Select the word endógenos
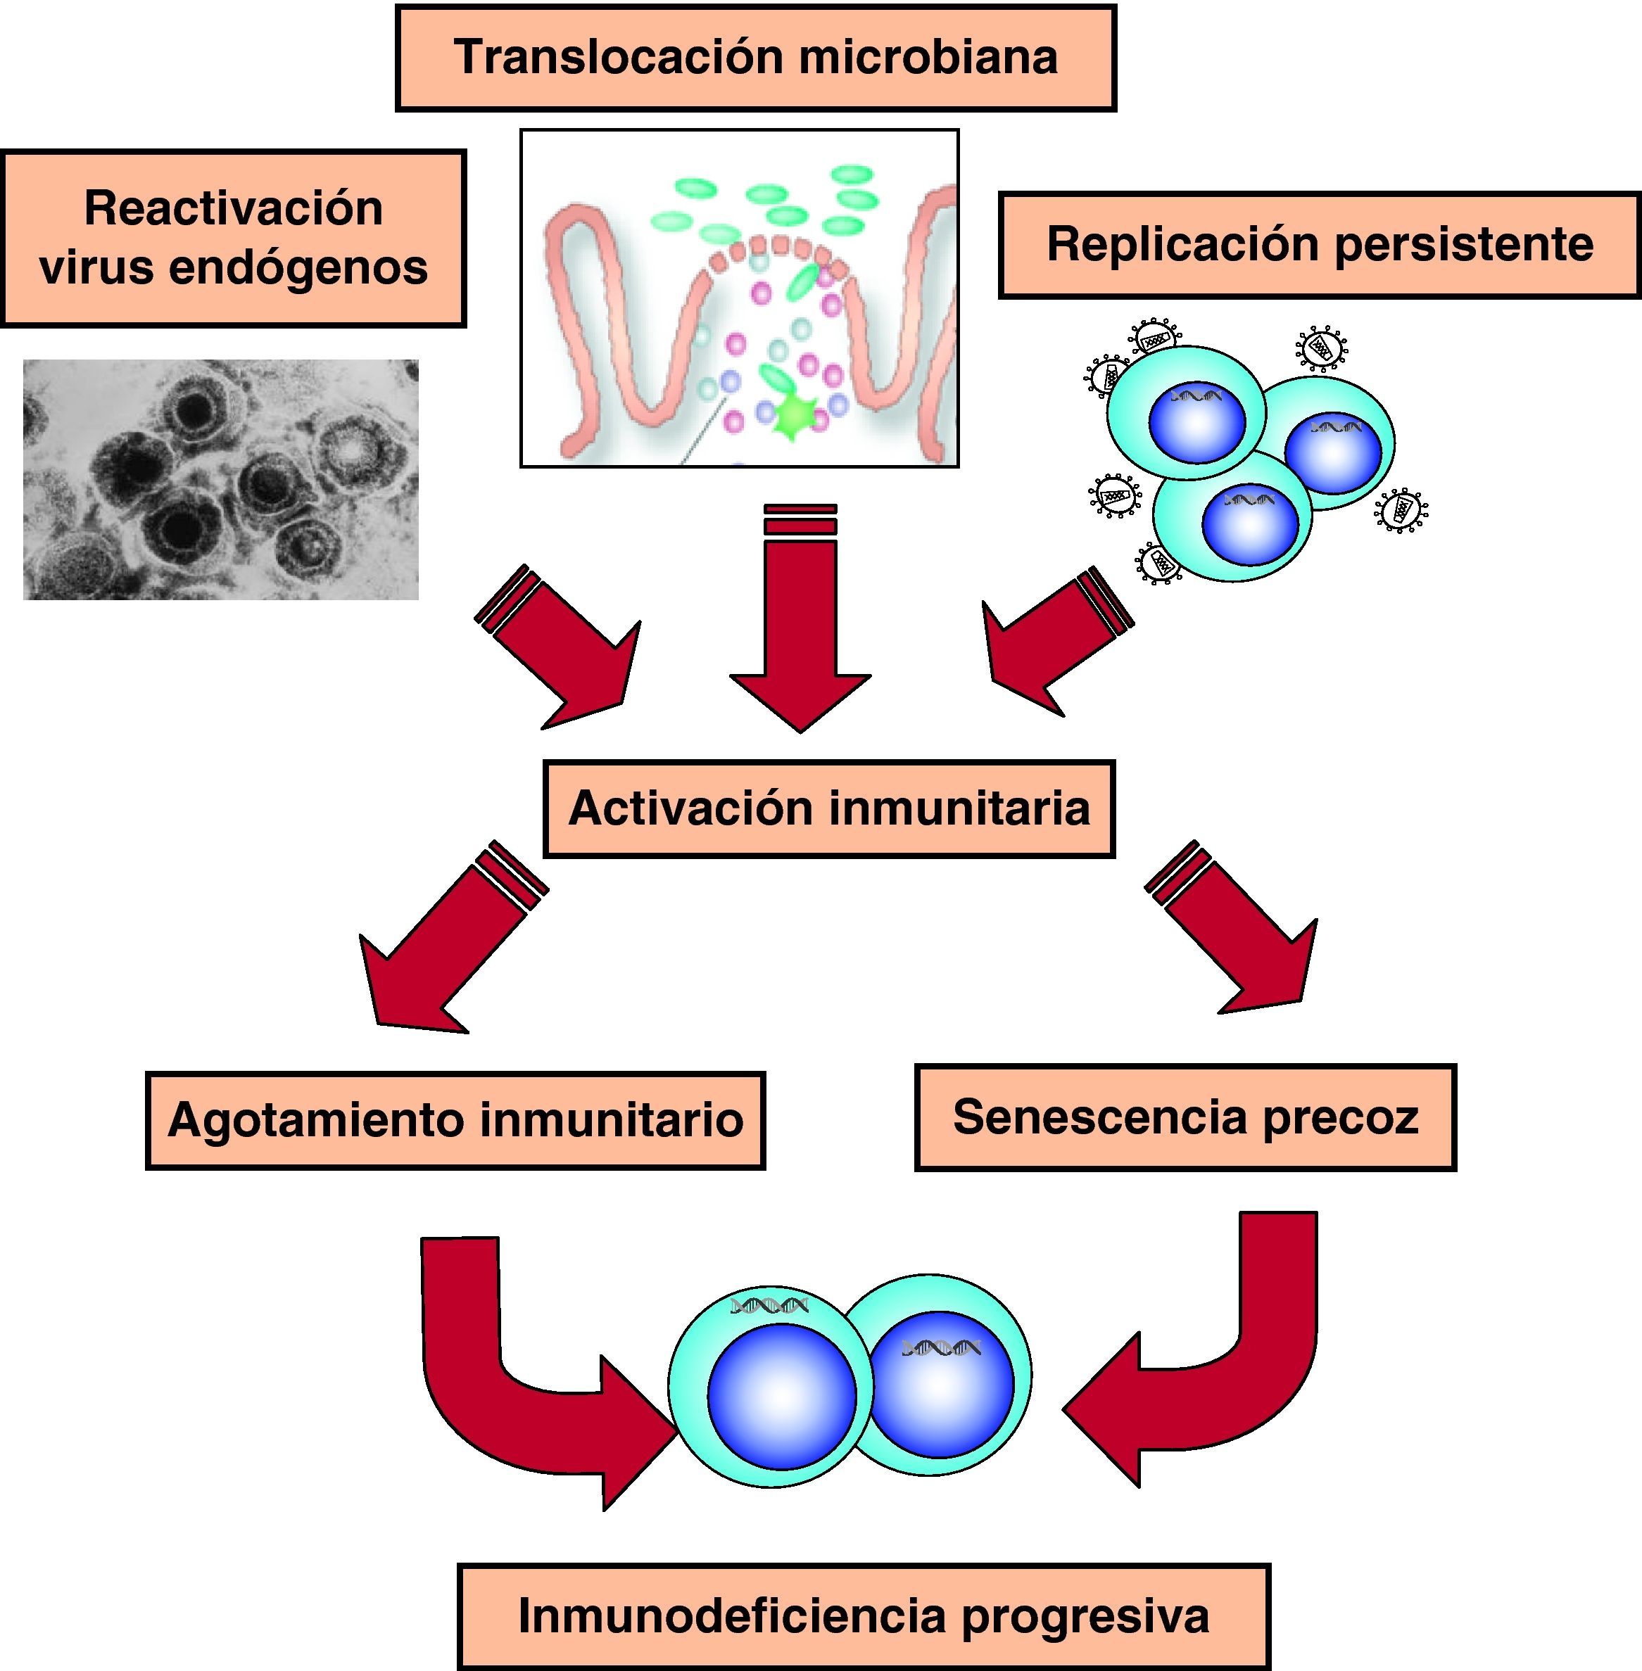point(298,267)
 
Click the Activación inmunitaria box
point(829,809)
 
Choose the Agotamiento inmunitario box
point(455,1120)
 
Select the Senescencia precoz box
point(1185,1117)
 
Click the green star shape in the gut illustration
point(789,416)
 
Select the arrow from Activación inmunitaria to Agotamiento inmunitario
point(440,948)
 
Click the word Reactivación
point(233,209)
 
